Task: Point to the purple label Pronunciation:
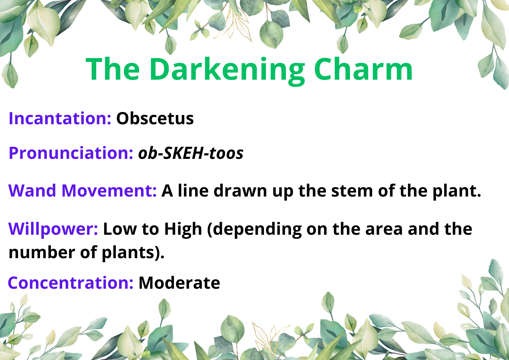(71, 153)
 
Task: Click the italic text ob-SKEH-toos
(191, 153)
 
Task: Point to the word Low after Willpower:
(120, 229)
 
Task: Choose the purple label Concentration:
(71, 283)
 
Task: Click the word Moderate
(179, 283)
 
